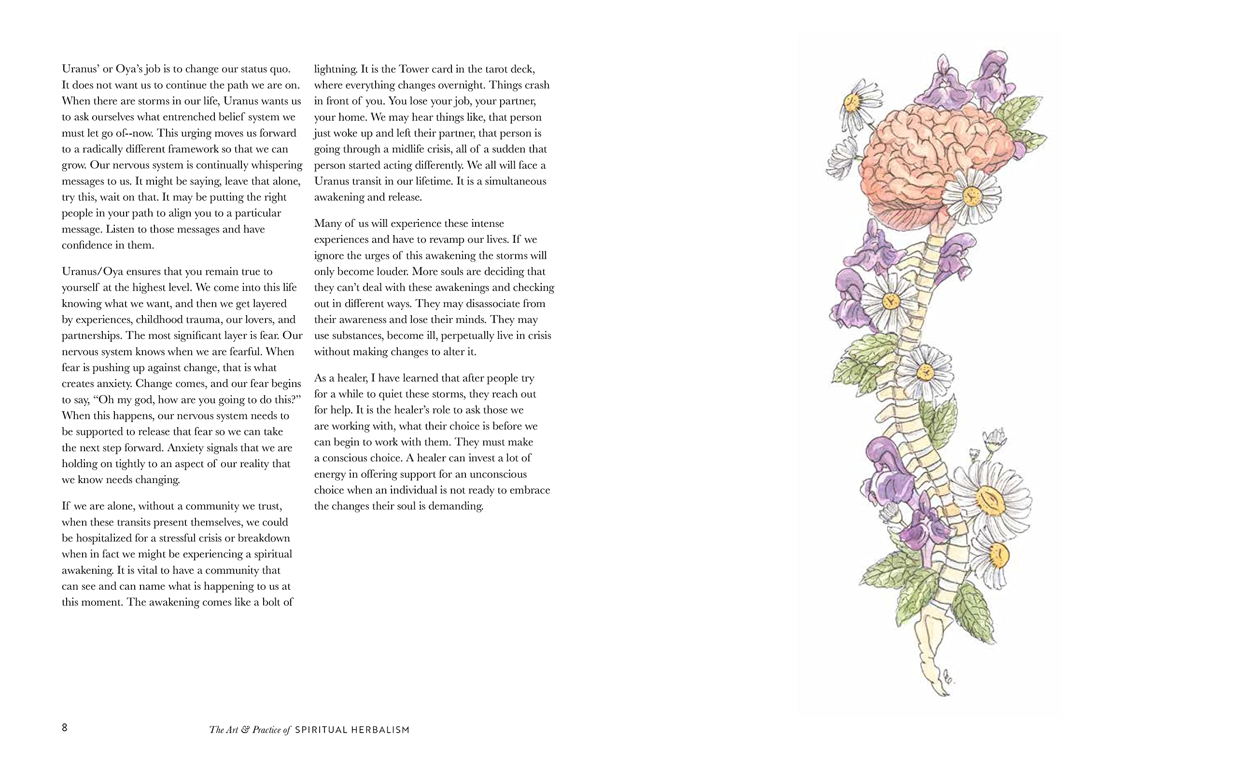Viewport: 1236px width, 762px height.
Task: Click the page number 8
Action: pyautogui.click(x=65, y=727)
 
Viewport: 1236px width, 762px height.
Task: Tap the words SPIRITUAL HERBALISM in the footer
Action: pyautogui.click(x=352, y=730)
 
